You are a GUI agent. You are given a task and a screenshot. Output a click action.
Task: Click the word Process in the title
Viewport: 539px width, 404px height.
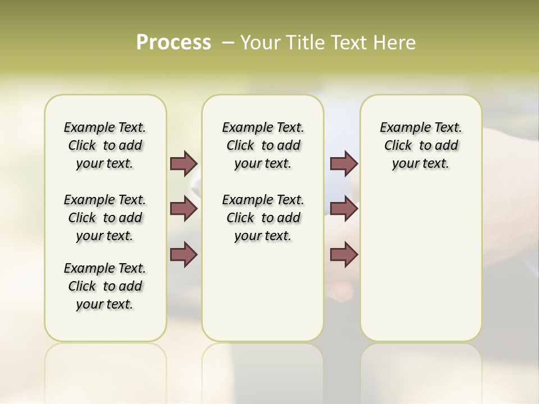tap(173, 42)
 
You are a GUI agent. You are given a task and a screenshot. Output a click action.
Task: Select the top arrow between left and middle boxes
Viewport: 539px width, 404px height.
tap(183, 163)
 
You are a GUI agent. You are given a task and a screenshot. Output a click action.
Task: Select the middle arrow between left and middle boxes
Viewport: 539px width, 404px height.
tap(183, 209)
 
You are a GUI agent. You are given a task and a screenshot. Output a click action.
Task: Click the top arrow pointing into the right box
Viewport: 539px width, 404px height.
tap(344, 163)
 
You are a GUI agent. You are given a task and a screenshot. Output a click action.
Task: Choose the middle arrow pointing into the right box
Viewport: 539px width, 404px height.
tap(344, 209)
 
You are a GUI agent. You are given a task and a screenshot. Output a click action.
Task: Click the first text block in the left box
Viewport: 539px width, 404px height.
tap(105, 145)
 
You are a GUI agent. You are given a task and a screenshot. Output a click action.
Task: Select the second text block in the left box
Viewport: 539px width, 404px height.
tap(105, 218)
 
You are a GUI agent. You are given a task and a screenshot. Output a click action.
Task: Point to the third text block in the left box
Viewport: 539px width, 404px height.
tap(105, 286)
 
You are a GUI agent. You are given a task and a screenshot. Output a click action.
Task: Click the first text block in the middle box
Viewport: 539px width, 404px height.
tap(263, 145)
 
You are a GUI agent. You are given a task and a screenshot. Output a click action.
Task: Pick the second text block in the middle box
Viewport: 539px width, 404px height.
tap(263, 218)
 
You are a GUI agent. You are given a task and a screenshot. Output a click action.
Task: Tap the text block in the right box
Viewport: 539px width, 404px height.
tap(421, 145)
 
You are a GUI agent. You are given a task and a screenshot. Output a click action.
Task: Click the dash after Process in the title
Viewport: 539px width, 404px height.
tap(228, 43)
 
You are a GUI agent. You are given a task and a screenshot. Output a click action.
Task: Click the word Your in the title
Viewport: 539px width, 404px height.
tap(258, 43)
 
